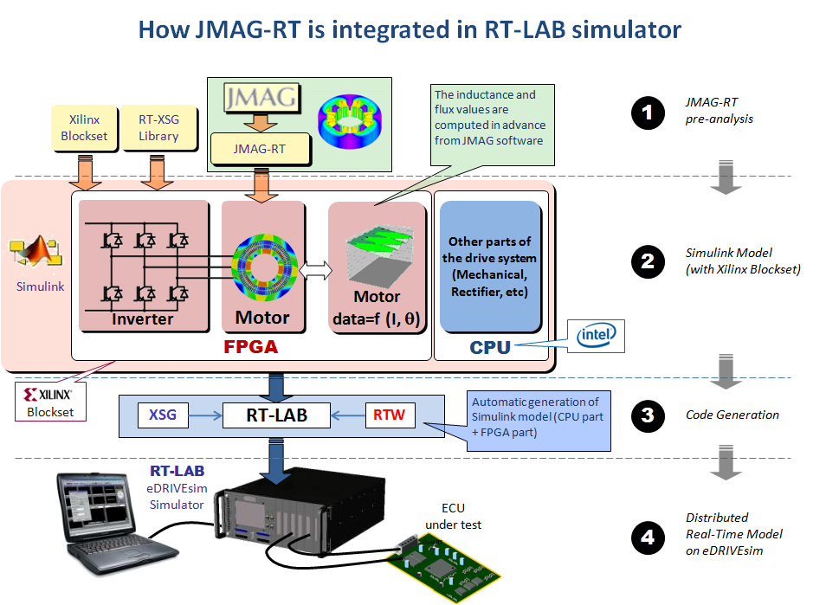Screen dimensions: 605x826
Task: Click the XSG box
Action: coord(163,415)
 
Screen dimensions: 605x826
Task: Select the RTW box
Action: coord(389,415)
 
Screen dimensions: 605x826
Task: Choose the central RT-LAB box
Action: coord(276,415)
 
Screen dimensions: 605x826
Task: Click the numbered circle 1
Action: coord(647,113)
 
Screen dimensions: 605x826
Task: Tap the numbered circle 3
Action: coord(647,415)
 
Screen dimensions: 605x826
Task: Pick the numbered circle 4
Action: coord(647,538)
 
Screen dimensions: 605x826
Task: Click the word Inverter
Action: coord(143,319)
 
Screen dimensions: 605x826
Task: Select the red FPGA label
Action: coord(251,347)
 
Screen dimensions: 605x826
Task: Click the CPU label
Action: coord(490,347)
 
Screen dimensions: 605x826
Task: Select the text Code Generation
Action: coord(732,415)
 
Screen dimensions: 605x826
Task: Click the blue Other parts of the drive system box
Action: coord(491,267)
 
